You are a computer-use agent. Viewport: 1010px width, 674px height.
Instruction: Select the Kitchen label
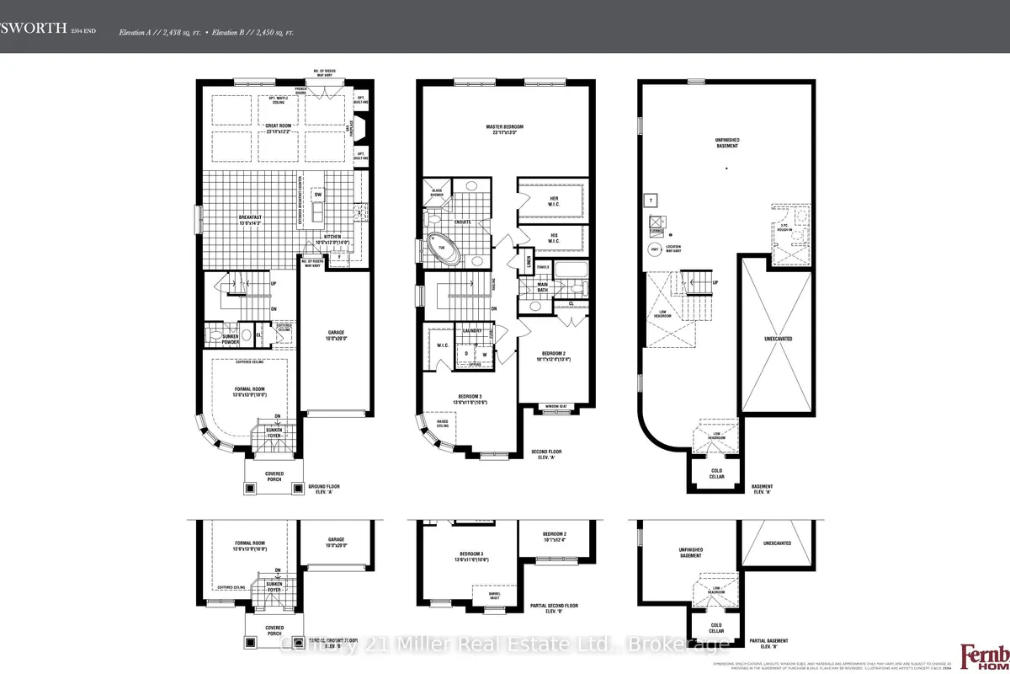click(x=332, y=238)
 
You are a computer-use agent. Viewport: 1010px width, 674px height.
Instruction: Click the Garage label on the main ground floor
click(x=335, y=334)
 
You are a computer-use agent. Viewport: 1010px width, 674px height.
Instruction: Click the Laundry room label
click(x=471, y=331)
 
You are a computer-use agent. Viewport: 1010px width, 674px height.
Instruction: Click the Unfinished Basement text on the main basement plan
click(x=727, y=143)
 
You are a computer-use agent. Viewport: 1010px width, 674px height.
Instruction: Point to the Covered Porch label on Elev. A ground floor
click(x=274, y=477)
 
